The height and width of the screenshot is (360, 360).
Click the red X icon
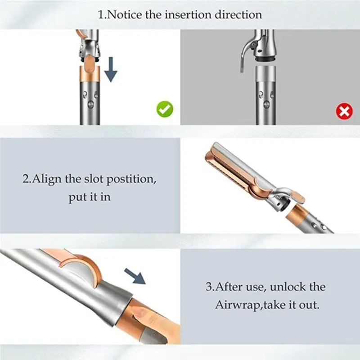click(x=345, y=110)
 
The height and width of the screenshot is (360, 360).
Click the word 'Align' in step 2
click(x=48, y=179)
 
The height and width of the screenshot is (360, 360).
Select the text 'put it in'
click(x=90, y=198)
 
